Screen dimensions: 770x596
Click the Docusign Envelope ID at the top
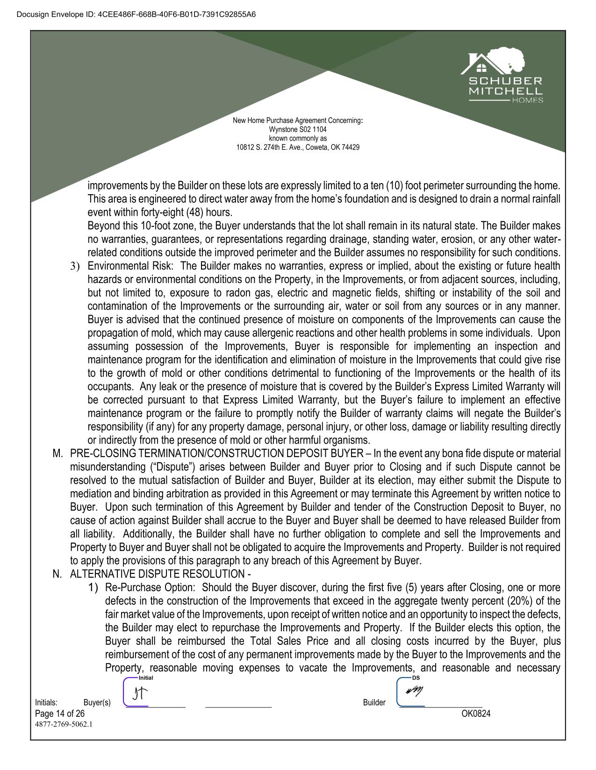(x=136, y=14)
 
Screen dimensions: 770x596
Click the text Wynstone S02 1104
(x=298, y=129)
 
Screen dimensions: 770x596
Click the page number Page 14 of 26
(x=60, y=713)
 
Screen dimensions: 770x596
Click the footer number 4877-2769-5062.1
(x=64, y=725)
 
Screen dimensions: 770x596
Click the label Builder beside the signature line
(x=374, y=703)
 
